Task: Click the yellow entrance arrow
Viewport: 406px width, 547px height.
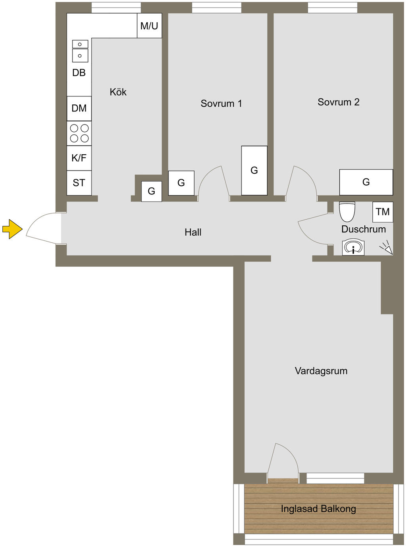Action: click(12, 229)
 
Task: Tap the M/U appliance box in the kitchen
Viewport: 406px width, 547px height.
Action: click(149, 26)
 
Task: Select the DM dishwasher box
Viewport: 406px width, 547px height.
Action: click(79, 108)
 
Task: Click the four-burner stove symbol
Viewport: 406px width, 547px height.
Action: click(79, 133)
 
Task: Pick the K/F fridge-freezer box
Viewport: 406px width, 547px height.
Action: click(79, 158)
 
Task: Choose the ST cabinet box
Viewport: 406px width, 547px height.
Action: click(79, 182)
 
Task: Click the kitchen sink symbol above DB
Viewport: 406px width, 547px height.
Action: click(80, 51)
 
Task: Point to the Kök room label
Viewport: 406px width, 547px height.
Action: click(118, 92)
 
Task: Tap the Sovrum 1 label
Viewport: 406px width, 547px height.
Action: click(221, 104)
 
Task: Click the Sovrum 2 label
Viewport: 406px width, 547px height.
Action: click(338, 102)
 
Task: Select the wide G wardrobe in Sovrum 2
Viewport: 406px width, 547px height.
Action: click(366, 182)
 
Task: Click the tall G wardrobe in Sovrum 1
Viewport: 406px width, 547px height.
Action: click(254, 171)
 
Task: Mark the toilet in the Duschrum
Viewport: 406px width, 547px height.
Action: click(347, 212)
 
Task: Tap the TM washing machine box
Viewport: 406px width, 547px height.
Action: click(383, 212)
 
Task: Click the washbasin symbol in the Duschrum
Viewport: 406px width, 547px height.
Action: click(353, 248)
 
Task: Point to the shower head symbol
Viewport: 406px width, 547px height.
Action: click(387, 248)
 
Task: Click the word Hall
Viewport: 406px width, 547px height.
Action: click(193, 232)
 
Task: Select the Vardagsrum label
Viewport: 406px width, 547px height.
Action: click(321, 371)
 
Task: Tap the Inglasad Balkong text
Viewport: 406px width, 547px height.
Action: click(318, 509)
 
